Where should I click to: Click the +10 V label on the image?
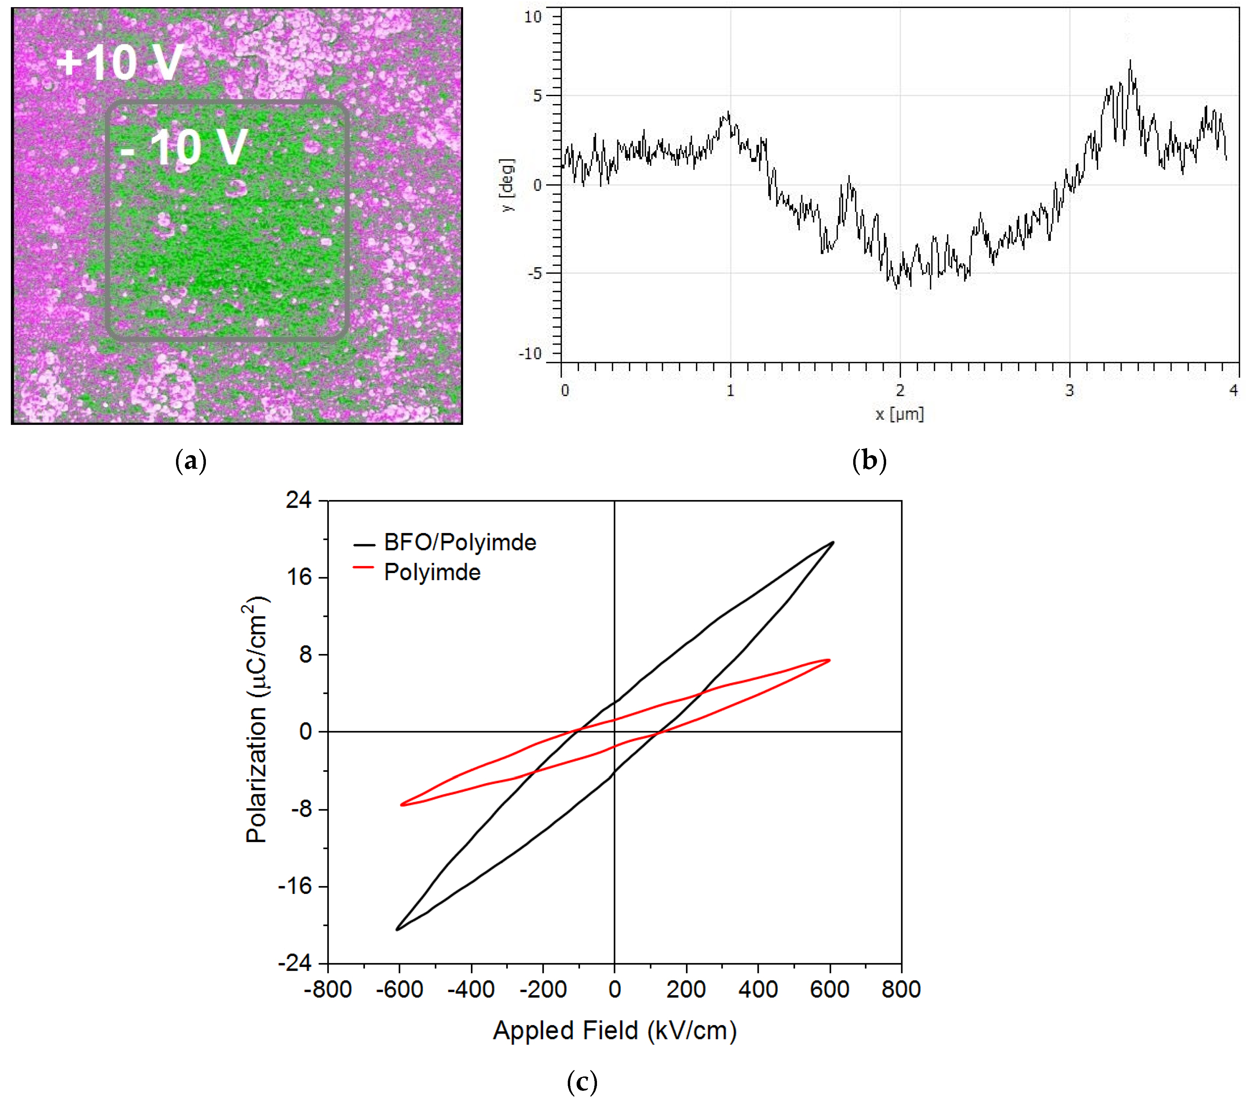(119, 62)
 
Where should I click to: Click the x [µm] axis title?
(899, 414)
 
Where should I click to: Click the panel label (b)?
(869, 461)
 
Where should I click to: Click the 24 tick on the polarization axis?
(299, 500)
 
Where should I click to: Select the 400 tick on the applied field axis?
(758, 989)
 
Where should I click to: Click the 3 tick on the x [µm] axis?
(1070, 391)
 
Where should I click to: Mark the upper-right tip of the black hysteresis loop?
(833, 542)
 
